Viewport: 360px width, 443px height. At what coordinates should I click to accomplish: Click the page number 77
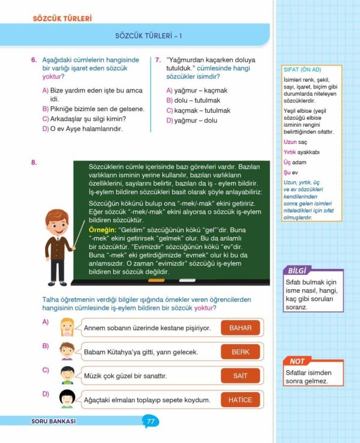pos(151,421)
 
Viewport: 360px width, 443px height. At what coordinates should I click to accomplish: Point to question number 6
pos(34,60)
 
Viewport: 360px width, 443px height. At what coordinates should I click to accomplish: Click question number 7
pos(157,60)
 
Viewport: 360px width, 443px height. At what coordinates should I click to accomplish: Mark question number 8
pos(34,163)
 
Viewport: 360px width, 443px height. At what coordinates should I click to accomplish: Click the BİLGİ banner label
pos(298,270)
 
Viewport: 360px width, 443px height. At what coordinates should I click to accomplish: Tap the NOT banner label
pos(297,361)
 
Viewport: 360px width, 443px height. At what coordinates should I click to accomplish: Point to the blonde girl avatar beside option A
pos(67,327)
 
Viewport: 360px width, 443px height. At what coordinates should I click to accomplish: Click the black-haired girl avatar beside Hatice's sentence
pos(67,399)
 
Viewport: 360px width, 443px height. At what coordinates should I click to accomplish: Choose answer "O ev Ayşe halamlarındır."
pos(86,128)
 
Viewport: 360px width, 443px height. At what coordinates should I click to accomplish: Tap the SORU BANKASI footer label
pos(53,421)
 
